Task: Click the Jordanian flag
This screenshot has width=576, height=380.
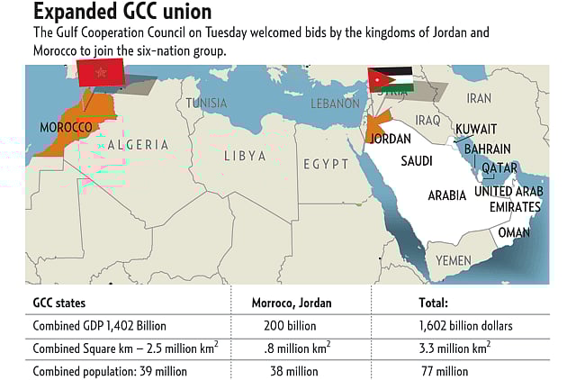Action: pos(391,80)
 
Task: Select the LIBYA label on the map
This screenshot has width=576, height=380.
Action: pos(245,156)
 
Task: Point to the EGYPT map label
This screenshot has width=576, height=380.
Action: pos(325,164)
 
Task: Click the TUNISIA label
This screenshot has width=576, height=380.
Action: pos(207,103)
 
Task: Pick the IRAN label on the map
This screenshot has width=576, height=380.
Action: pos(480,97)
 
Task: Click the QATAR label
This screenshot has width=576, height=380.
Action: pos(499,168)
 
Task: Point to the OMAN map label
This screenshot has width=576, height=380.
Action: pos(514,231)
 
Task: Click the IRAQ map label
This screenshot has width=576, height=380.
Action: pos(427,120)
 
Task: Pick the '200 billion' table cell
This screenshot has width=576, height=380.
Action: pos(291,326)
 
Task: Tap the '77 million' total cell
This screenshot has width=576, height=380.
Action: pos(445,370)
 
